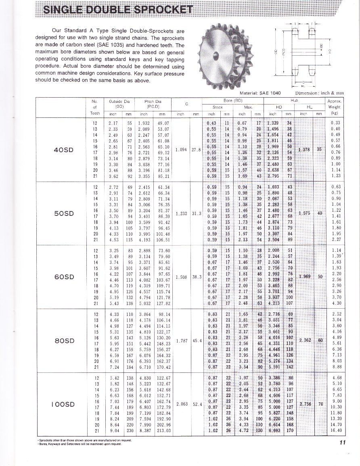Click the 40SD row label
coord(64,150)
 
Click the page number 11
coord(343,443)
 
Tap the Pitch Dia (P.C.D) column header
coord(153,104)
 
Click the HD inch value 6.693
coord(275,430)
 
